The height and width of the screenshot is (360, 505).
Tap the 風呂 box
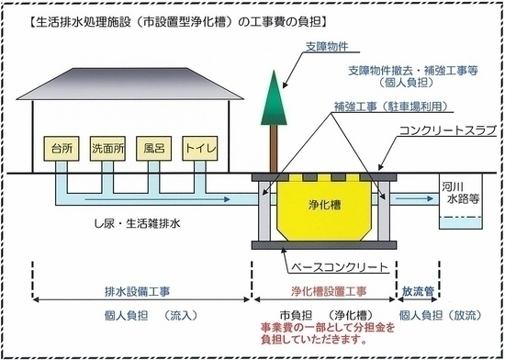pyautogui.click(x=151, y=147)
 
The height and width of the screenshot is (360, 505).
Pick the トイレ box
pyautogui.click(x=199, y=147)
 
